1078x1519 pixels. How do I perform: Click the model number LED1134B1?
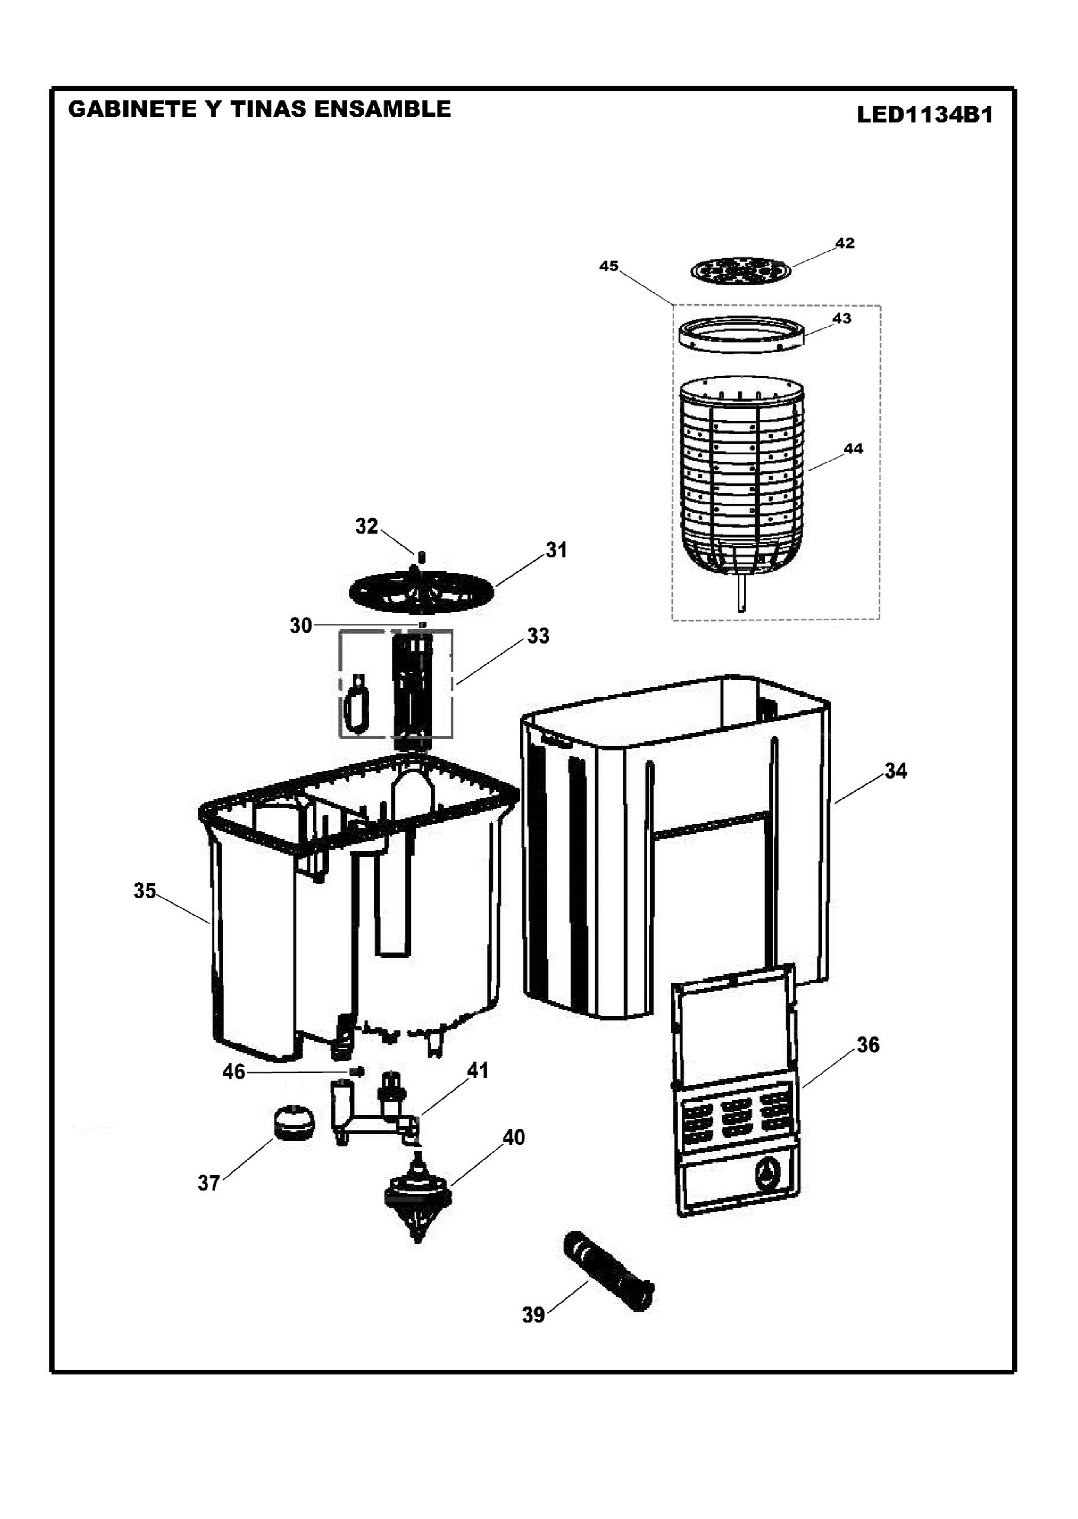coord(925,115)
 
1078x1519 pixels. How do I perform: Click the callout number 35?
coord(145,891)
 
